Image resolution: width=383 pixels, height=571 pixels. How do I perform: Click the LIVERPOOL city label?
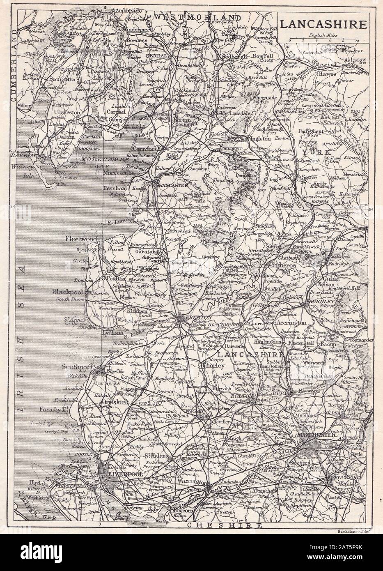pos(122,474)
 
